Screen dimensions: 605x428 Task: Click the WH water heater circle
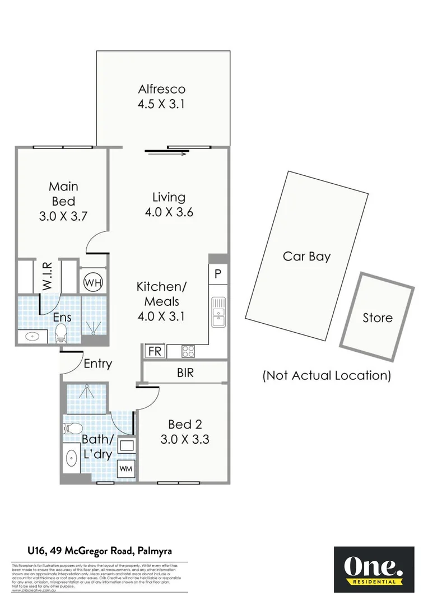[92, 282]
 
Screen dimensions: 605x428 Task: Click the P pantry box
[218, 275]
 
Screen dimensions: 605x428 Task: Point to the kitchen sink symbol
[218, 312]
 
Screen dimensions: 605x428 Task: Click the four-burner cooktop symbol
[189, 351]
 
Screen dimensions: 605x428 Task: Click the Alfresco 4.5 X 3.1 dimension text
[161, 104]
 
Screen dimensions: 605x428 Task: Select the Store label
[377, 318]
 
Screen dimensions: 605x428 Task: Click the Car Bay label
[306, 257]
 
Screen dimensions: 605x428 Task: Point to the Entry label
[97, 364]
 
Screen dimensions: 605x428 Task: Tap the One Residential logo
[374, 569]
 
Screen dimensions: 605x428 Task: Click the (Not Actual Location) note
[327, 375]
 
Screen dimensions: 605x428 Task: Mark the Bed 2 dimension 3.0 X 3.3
[184, 440]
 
